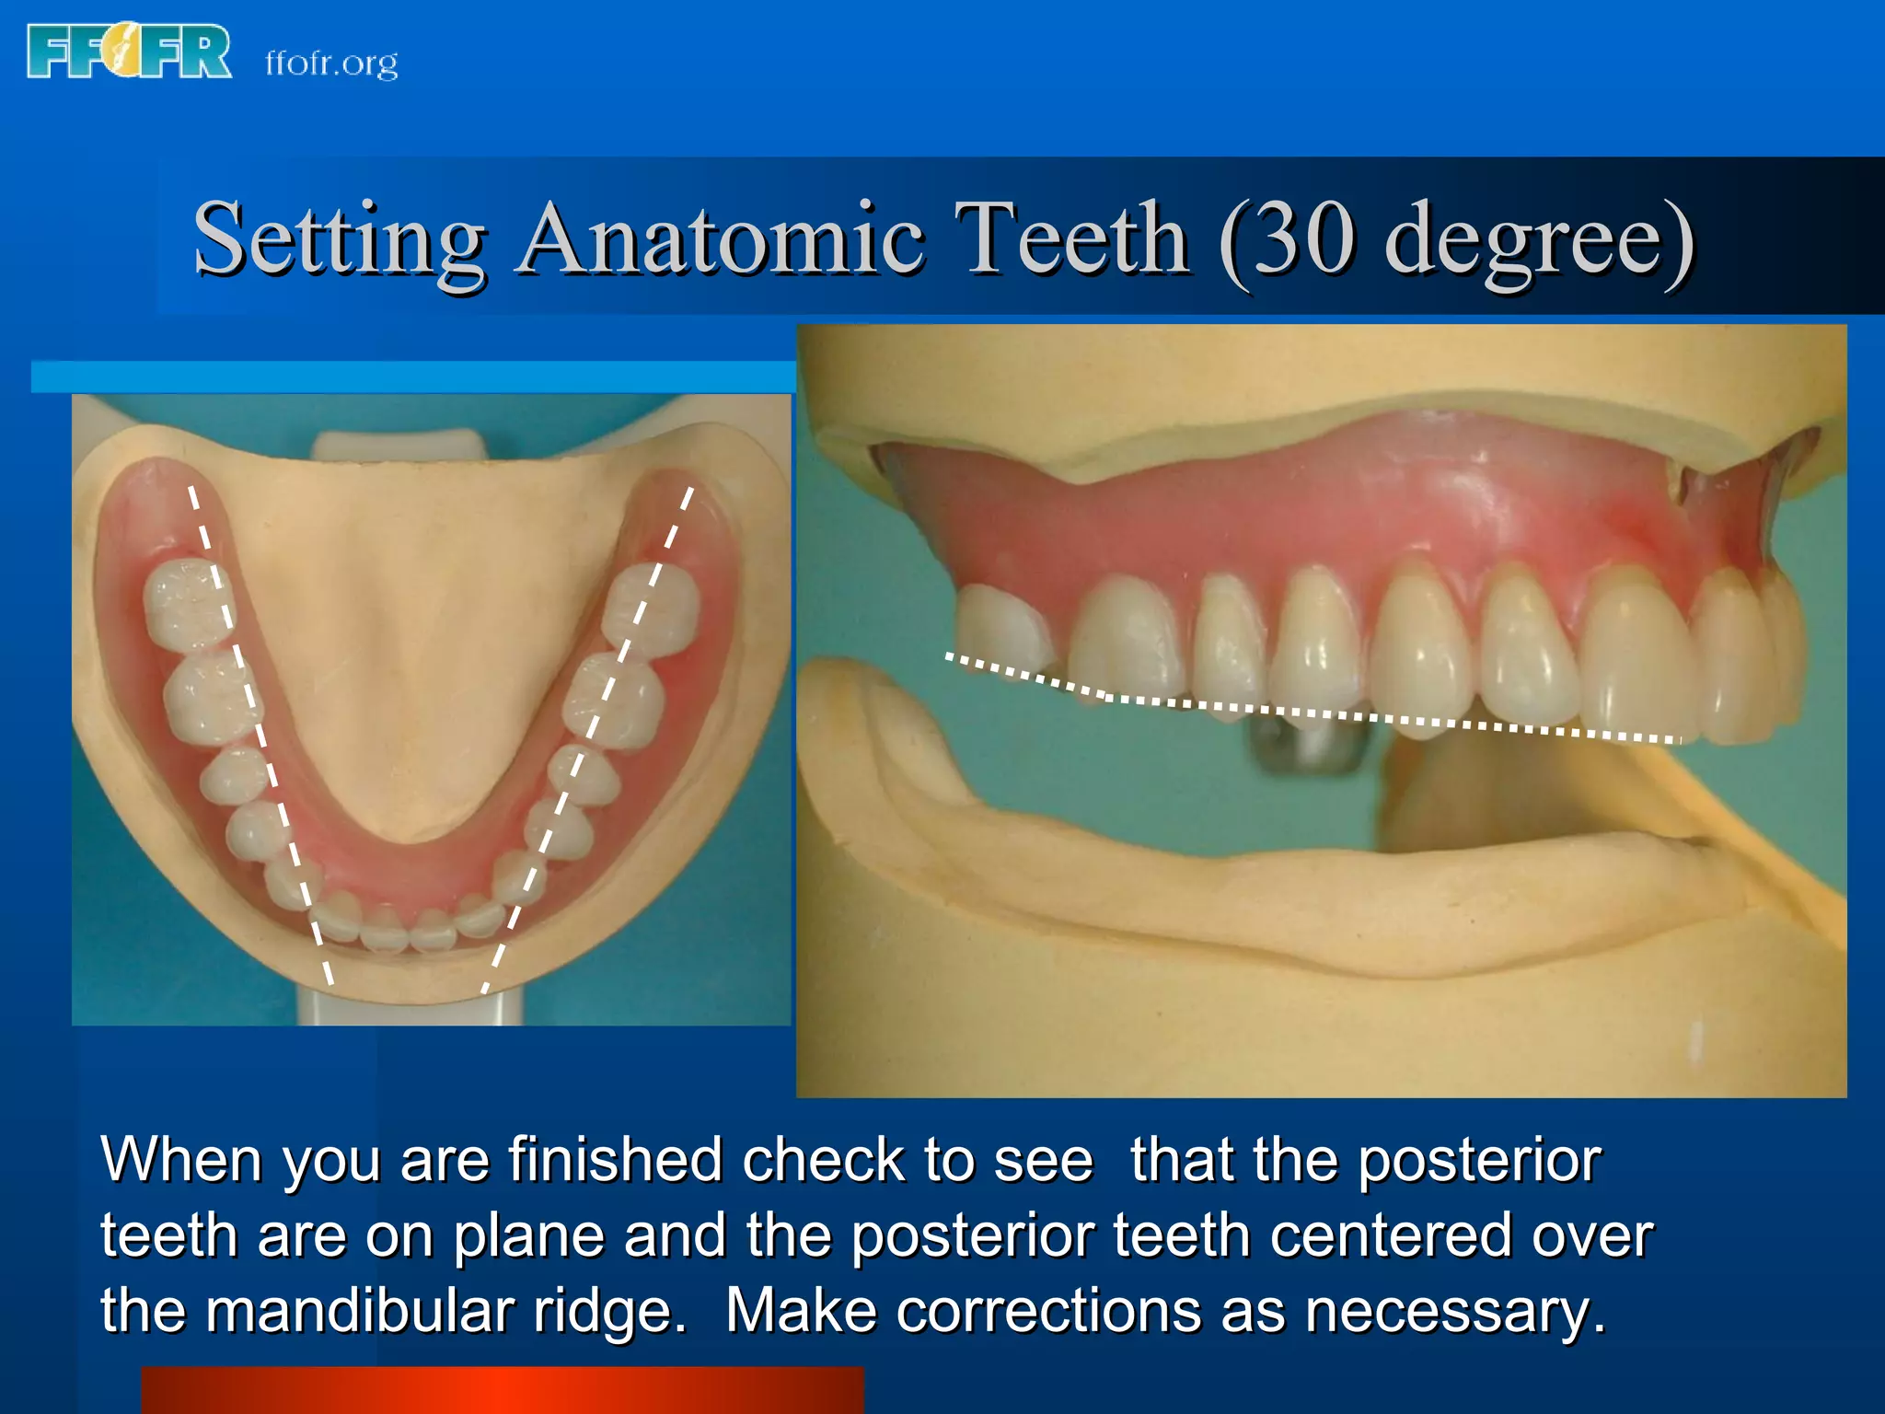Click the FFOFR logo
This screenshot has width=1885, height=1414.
tap(129, 52)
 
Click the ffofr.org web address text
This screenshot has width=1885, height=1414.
tap(331, 63)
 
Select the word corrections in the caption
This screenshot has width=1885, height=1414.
tap(1048, 1310)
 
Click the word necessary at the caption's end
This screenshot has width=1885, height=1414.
tap(1454, 1312)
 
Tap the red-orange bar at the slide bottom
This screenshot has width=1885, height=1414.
tap(502, 1390)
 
